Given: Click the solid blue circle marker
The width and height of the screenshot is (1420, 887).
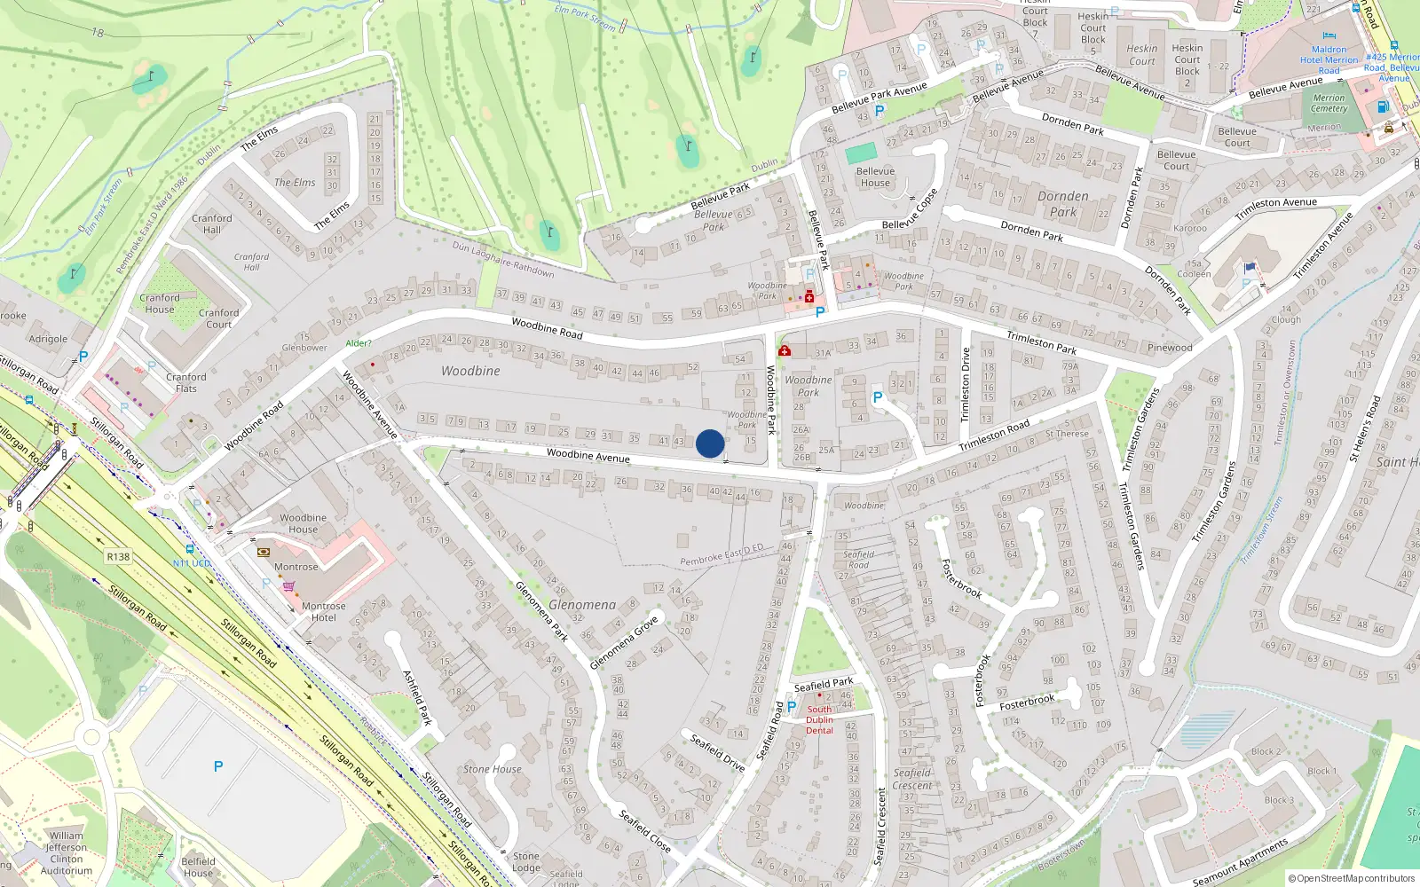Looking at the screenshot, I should [x=710, y=443].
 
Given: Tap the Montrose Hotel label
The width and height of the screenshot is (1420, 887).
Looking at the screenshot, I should [x=324, y=612].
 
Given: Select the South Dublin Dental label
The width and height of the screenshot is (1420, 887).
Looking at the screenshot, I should [x=819, y=719].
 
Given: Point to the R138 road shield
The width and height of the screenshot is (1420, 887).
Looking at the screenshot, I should [x=118, y=557].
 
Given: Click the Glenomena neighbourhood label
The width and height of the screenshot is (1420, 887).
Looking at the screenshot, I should [x=582, y=605].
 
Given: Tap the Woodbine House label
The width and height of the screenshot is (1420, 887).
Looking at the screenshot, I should [x=303, y=523].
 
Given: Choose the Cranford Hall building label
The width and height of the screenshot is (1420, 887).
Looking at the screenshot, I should [x=212, y=224].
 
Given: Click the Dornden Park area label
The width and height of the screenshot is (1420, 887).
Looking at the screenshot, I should [x=1062, y=204].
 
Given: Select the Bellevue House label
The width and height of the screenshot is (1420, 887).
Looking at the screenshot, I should [x=875, y=177].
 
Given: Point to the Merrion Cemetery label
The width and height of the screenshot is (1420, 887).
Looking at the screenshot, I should [x=1329, y=103].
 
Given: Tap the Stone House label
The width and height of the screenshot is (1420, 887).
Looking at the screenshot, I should [x=493, y=769].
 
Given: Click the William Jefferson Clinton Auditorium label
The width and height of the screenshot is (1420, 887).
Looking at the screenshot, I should [x=67, y=853].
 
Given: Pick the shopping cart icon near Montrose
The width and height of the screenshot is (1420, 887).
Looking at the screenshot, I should [x=288, y=586].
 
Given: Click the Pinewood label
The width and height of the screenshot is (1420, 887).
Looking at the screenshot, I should [x=1170, y=348].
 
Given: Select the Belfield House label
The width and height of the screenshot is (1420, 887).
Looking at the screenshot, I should [x=198, y=867].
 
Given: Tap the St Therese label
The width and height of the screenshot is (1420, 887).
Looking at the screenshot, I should [x=1067, y=434].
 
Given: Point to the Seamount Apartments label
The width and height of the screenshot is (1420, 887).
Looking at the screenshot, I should [x=1240, y=862].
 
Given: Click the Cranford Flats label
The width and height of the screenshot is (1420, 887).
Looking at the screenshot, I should [x=186, y=382].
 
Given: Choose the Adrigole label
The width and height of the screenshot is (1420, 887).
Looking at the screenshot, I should [x=48, y=339].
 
